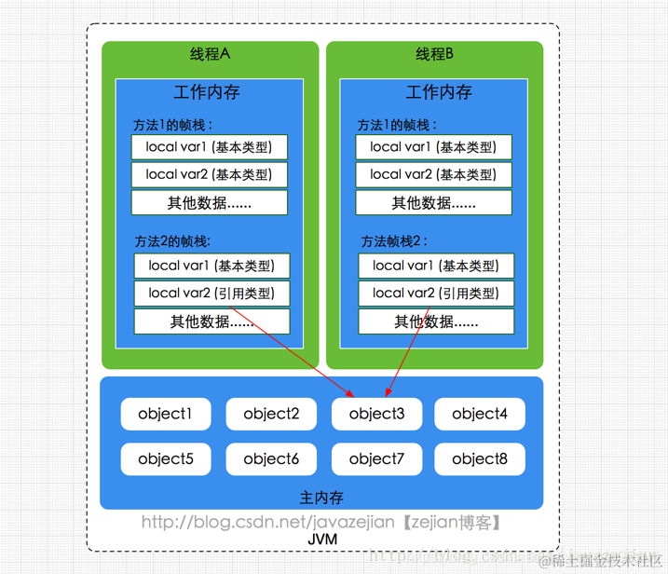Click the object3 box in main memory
click(x=376, y=414)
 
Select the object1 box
click(x=165, y=414)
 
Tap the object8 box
click(x=479, y=458)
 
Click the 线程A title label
click(x=210, y=54)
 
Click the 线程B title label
click(x=434, y=54)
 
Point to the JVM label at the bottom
click(x=322, y=540)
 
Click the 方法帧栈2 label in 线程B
click(x=394, y=241)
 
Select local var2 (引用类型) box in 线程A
click(x=211, y=293)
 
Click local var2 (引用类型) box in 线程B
click(x=436, y=293)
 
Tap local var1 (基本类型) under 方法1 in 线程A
click(x=210, y=146)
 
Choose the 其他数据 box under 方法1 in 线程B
click(x=433, y=202)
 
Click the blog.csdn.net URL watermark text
click(x=321, y=522)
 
